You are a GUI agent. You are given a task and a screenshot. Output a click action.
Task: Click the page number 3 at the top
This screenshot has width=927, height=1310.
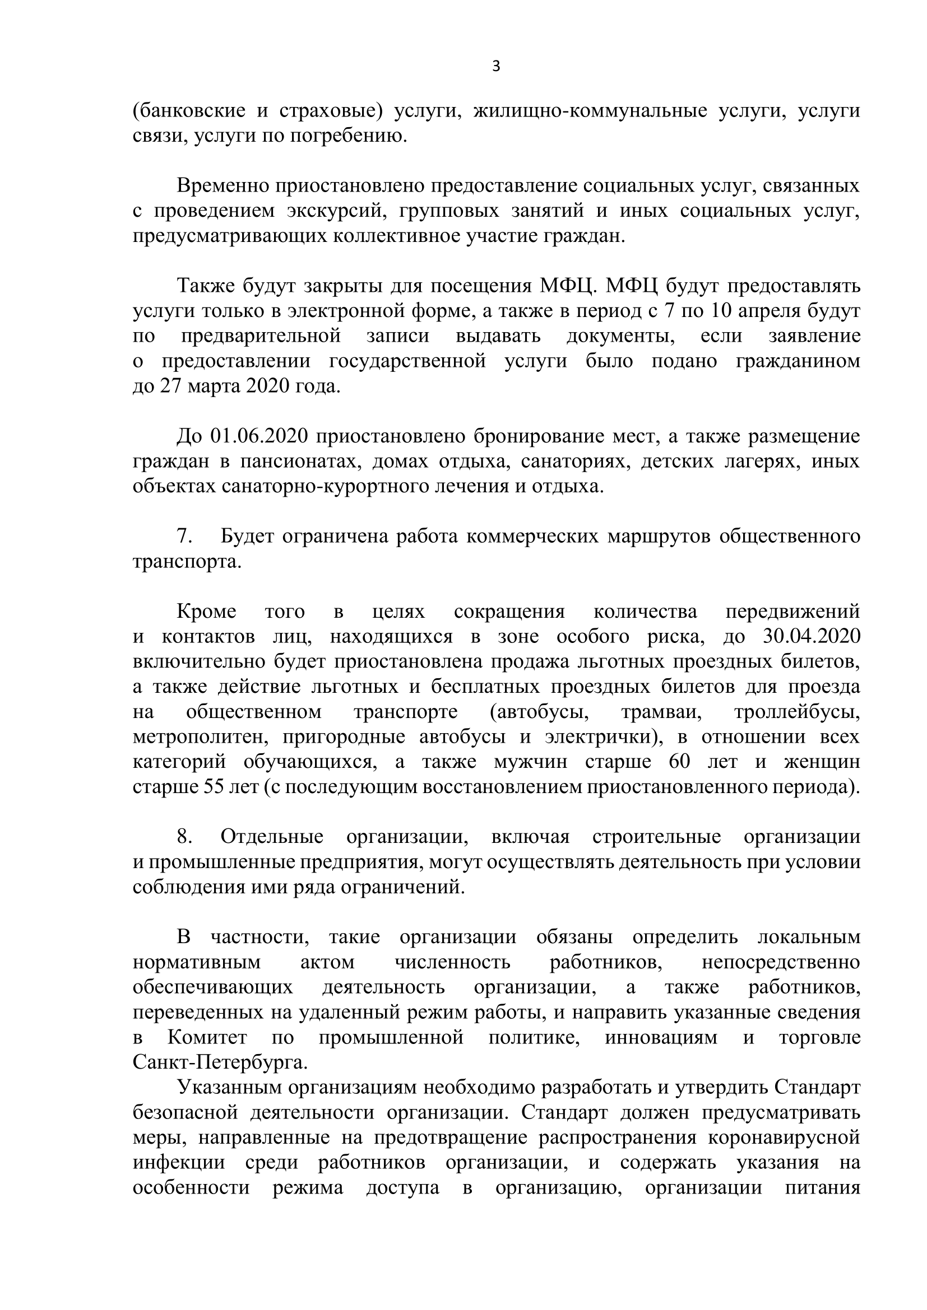click(496, 67)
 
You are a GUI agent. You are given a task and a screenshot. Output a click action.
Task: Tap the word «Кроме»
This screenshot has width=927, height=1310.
click(206, 612)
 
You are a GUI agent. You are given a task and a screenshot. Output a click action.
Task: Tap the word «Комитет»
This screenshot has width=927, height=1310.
click(207, 1037)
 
